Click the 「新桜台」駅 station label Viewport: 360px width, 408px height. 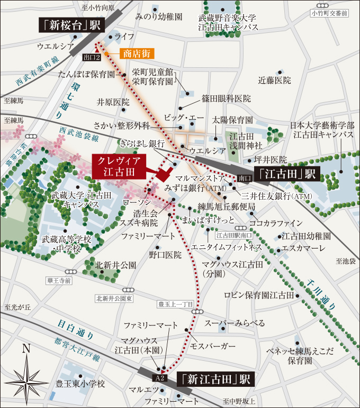(71, 25)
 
